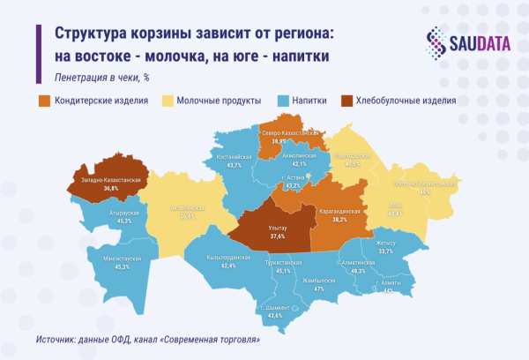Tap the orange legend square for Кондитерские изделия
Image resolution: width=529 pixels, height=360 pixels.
[x=43, y=101]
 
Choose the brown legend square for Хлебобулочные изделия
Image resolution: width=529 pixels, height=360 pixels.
[x=346, y=101]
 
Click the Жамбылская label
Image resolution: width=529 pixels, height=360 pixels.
[x=319, y=281]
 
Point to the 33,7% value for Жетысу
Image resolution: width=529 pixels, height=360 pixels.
[x=385, y=251]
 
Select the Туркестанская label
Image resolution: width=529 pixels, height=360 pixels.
[x=284, y=264]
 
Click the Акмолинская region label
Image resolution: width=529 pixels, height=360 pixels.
[x=299, y=155]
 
